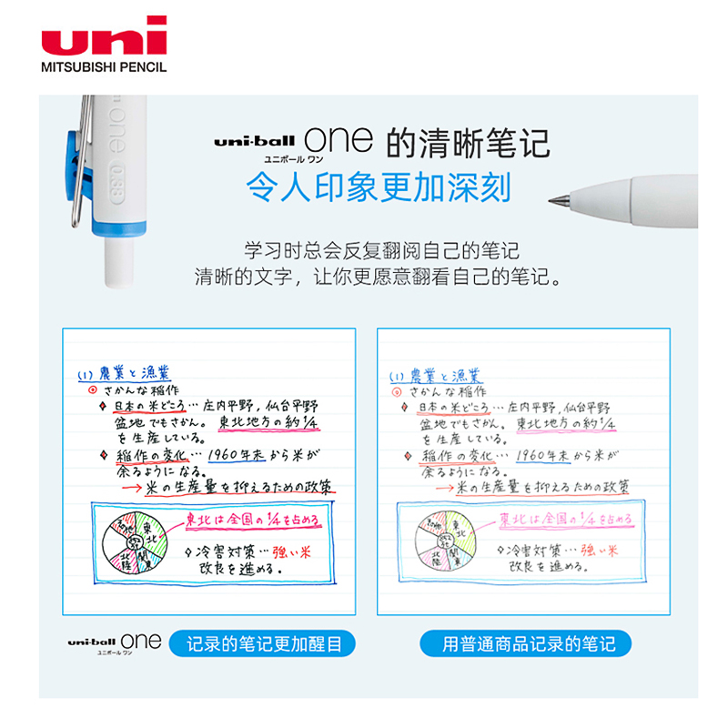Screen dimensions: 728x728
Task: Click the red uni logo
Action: (x=104, y=36)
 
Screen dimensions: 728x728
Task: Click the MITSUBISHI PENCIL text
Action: (x=104, y=66)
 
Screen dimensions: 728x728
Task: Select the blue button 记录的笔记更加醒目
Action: (x=264, y=644)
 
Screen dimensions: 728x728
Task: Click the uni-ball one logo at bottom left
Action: (x=114, y=642)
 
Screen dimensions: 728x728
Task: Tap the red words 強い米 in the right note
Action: (x=599, y=550)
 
